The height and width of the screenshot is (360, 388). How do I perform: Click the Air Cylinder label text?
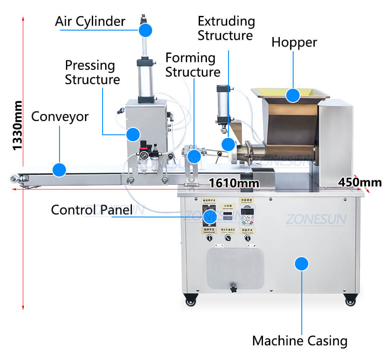pos(90,21)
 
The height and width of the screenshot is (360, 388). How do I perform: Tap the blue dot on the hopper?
pos(293,95)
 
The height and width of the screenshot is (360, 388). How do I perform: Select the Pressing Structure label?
pos(92,72)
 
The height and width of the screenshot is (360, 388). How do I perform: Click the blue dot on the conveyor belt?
pos(59,169)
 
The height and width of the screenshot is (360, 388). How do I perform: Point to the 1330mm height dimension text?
pos(17,125)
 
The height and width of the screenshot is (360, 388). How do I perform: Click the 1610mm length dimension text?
pos(234,183)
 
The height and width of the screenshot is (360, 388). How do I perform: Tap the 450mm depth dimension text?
pos(360,182)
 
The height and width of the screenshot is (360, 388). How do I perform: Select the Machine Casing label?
pos(300,341)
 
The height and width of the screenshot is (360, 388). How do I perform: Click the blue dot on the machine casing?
pos(302,264)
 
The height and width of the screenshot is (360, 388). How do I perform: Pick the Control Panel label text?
pos(91,210)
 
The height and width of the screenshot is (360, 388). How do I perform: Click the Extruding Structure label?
pos(226,28)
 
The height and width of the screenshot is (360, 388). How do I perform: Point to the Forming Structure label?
pos(192,65)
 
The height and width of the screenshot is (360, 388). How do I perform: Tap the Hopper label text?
pos(294,42)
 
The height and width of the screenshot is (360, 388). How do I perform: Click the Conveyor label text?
pos(60,116)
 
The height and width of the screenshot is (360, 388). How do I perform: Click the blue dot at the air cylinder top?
pos(145,30)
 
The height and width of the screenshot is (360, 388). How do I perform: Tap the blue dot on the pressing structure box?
pos(134,134)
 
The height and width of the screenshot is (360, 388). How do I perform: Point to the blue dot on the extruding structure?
pos(228,144)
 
